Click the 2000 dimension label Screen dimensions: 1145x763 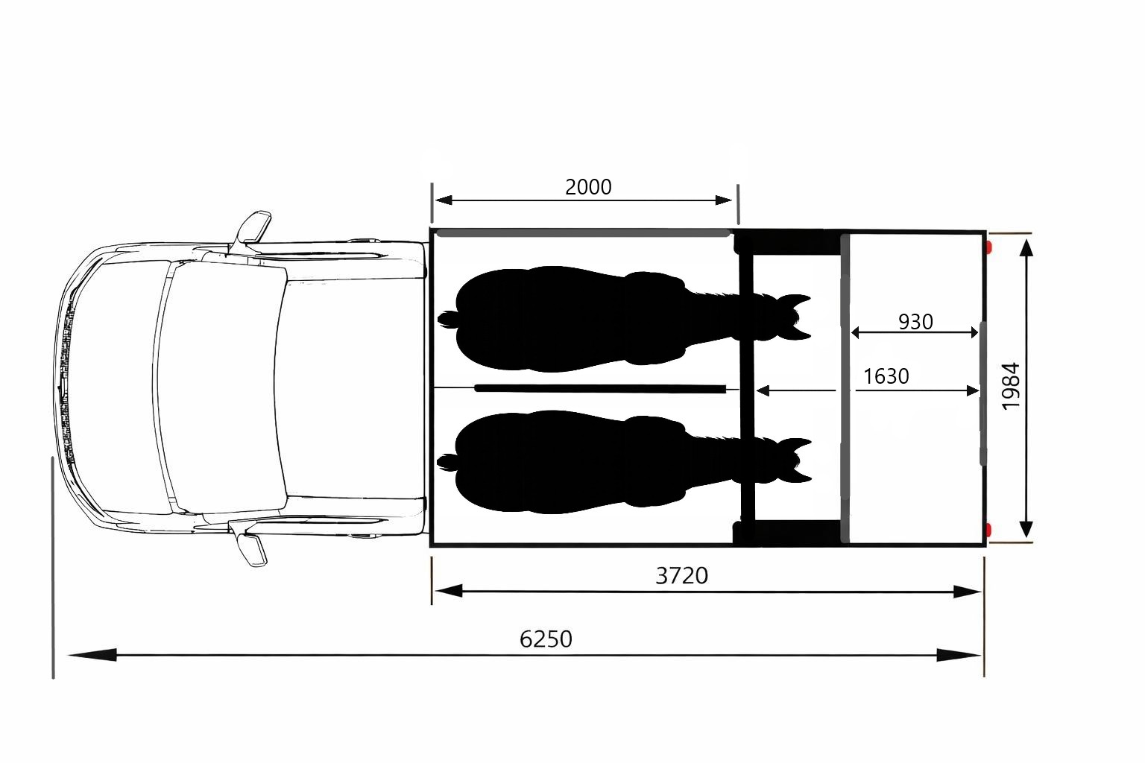588,187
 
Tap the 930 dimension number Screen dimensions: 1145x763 915,322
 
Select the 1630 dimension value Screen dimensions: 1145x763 886,376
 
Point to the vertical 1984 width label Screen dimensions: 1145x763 1011,386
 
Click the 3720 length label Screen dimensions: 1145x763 682,576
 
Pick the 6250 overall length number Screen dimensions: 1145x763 546,639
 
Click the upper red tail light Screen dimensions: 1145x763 989,248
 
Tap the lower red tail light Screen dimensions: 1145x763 989,530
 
